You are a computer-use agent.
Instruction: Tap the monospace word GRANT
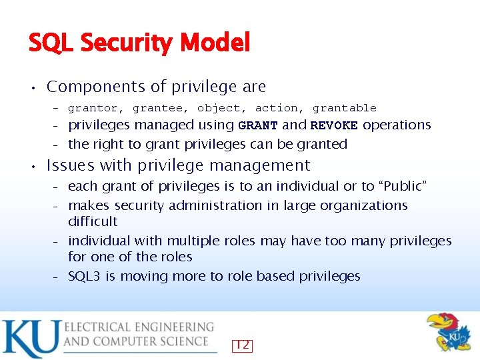coord(258,125)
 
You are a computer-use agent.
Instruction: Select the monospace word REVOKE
coord(334,125)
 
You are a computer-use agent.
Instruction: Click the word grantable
coord(345,108)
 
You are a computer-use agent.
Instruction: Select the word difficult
coord(93,221)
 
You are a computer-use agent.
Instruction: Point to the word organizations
coord(363,205)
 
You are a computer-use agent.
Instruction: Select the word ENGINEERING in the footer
coord(173,327)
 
